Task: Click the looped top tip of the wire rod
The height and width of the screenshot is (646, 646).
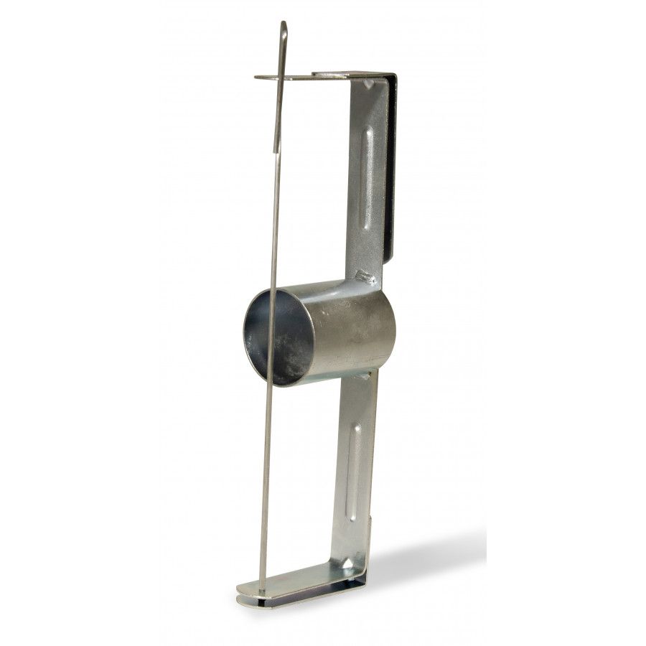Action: (284, 27)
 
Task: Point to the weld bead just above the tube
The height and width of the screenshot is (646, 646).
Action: (364, 276)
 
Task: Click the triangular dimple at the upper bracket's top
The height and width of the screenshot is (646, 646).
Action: (368, 84)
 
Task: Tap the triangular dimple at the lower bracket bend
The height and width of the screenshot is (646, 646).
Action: (347, 564)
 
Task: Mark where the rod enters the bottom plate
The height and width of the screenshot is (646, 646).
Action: (261, 591)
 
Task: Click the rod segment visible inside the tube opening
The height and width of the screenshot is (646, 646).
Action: (271, 337)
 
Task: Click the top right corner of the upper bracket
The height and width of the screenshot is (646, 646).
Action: (393, 75)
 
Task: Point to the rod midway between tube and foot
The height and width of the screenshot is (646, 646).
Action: (265, 488)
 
